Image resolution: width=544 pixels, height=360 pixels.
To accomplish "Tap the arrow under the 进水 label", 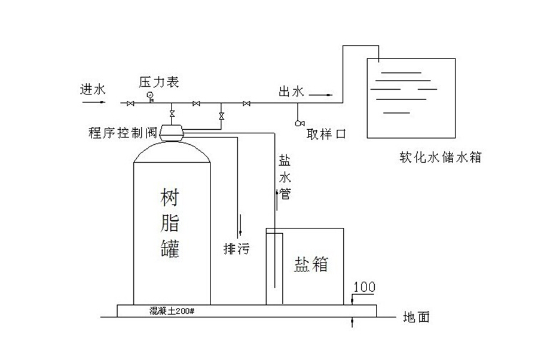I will [x=93, y=102].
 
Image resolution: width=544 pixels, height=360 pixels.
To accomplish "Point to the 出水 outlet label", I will [x=292, y=91].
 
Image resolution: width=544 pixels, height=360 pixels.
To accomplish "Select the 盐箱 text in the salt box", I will [x=311, y=263].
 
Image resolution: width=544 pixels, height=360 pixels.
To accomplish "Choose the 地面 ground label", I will [x=416, y=318].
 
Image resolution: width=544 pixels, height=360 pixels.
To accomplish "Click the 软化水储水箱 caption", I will [x=441, y=158].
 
